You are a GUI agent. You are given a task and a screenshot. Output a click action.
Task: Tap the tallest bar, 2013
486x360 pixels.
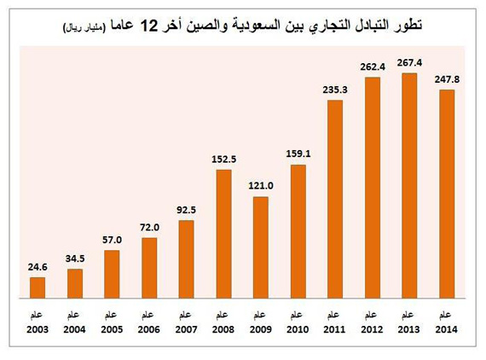(x=409, y=186)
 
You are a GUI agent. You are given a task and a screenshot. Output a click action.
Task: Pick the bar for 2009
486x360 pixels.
(x=261, y=248)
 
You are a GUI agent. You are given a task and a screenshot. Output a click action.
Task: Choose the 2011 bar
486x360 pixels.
(x=335, y=200)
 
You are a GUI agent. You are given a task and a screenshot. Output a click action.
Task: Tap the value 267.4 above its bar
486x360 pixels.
(x=409, y=64)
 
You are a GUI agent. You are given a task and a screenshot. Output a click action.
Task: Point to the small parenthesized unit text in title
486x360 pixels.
(x=86, y=31)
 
